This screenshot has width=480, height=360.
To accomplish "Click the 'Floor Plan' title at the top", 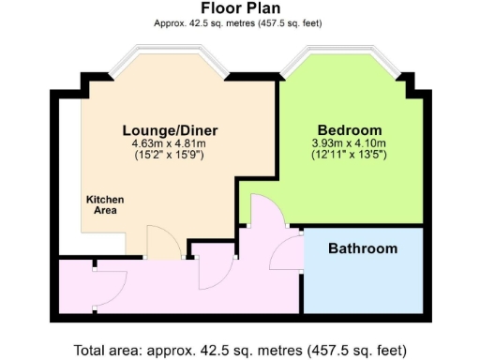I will (239, 8).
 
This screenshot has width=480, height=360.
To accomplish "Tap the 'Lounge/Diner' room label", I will (163, 129).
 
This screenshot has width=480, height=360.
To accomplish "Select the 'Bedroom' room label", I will (349, 129).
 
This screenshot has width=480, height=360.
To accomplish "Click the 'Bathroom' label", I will (362, 248).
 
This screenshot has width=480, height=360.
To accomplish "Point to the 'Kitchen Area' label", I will (105, 205).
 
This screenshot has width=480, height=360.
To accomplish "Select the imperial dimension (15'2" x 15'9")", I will (163, 154).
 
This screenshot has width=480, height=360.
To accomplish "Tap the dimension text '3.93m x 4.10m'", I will (349, 142).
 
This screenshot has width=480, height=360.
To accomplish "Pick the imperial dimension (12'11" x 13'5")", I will (349, 154).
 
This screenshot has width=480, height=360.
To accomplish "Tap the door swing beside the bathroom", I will (286, 252).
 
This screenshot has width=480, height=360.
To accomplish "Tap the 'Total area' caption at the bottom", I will (239, 350).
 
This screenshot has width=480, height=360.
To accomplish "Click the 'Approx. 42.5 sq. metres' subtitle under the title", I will (239, 22).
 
